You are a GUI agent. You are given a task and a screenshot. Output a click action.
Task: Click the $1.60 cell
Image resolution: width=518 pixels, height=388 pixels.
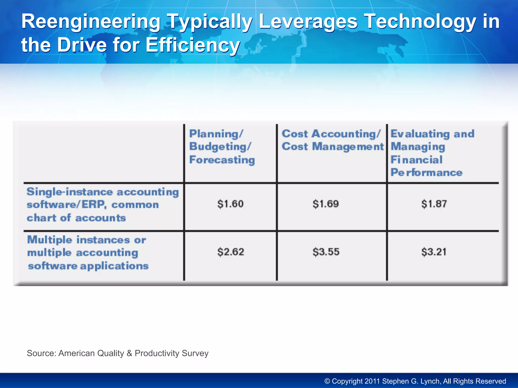coord(230,204)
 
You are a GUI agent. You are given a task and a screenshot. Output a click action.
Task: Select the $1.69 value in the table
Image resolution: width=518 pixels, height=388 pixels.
coord(326,204)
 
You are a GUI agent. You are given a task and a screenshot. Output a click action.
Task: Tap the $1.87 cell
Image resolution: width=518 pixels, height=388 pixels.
coord(434,204)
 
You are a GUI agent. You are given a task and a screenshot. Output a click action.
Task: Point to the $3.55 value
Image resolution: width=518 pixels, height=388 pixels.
coord(326,252)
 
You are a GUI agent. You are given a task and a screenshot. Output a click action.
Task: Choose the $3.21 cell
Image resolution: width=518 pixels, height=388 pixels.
coord(434,252)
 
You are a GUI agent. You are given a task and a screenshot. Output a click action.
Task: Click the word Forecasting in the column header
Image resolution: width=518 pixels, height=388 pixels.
coord(222,160)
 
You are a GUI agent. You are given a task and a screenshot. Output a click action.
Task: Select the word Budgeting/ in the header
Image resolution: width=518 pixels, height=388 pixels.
coord(220,147)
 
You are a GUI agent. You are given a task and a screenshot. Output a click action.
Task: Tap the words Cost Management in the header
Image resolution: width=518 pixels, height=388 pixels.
coord(333,147)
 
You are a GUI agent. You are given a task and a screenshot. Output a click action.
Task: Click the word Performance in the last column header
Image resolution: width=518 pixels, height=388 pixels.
coord(426,173)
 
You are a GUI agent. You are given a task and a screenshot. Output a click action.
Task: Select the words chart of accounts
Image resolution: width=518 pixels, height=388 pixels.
coord(76,218)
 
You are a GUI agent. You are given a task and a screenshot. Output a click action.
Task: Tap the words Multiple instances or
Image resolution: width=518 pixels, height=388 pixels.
coord(87,240)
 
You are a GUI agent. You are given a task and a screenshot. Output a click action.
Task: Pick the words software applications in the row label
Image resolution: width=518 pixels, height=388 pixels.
coord(88,266)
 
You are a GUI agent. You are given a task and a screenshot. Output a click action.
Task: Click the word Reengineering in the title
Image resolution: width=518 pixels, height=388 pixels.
coord(91,22)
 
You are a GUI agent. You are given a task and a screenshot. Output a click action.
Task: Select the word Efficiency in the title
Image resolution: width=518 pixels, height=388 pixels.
coord(192,45)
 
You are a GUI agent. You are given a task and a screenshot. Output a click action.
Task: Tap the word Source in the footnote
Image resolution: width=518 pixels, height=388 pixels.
coord(41,353)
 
